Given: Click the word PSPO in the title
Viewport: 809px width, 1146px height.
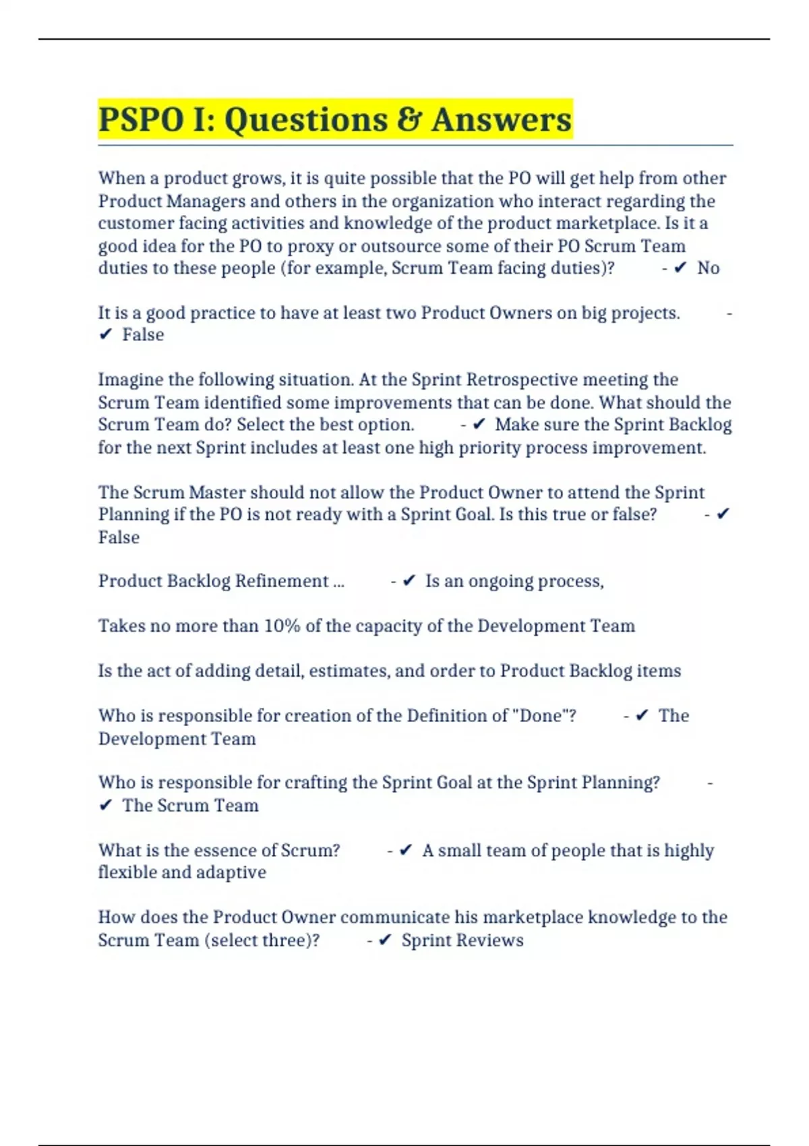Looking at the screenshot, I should [x=140, y=120].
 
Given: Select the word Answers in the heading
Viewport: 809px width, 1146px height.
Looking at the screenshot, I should [x=502, y=120].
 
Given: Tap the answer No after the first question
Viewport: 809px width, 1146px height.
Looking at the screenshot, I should [x=708, y=268].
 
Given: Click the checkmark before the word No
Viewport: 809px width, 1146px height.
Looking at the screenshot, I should [x=680, y=268].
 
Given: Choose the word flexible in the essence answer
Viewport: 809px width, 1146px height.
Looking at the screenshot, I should [x=129, y=872].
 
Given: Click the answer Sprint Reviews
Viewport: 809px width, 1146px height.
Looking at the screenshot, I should [x=462, y=940].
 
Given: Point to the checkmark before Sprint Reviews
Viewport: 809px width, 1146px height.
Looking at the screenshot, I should [x=385, y=940].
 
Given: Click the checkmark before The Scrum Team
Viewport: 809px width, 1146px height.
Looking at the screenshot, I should [x=105, y=806].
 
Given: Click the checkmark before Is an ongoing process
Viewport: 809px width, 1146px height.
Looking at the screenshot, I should [x=409, y=581].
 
